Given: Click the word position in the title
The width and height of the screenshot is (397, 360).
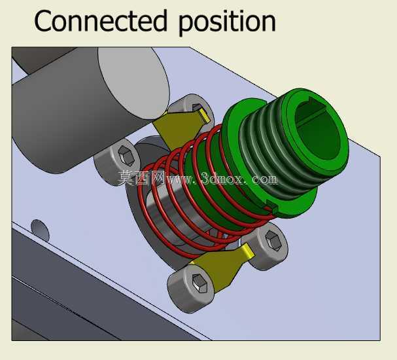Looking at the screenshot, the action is [x=227, y=22].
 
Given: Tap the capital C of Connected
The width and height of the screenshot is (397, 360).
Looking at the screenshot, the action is [x=43, y=21].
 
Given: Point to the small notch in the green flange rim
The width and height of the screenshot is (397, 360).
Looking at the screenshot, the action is [x=273, y=206].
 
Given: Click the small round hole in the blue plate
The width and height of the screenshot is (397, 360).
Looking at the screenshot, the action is [x=40, y=230].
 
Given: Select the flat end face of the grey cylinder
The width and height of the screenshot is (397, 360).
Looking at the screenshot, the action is [x=133, y=83].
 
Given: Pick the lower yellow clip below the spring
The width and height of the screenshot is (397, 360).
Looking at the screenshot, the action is [x=220, y=268].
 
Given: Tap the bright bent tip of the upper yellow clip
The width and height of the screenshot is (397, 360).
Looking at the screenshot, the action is [x=205, y=115].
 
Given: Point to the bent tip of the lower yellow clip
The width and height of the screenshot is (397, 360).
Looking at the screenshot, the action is [x=248, y=251].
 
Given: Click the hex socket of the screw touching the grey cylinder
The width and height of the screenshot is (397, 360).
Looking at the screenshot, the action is [x=126, y=155].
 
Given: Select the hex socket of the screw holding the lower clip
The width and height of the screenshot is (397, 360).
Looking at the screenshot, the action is [x=199, y=283].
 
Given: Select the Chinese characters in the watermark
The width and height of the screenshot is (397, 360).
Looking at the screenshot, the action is [x=141, y=177].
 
